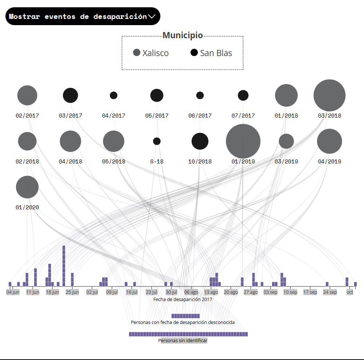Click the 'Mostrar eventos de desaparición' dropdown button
click(x=83, y=16)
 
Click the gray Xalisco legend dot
click(x=137, y=52)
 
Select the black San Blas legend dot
click(x=194, y=52)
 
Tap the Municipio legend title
click(x=183, y=36)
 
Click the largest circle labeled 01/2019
click(x=243, y=141)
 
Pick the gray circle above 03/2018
click(x=329, y=95)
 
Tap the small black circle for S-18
click(x=157, y=141)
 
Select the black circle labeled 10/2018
click(x=200, y=141)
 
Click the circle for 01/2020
click(x=27, y=187)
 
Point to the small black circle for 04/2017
click(x=114, y=95)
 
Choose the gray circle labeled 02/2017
click(x=27, y=95)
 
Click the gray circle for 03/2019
click(x=286, y=141)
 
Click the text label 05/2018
click(x=113, y=162)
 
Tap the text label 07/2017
click(x=243, y=116)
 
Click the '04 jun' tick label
click(x=13, y=292)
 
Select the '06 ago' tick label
click(x=191, y=292)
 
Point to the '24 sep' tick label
click(x=330, y=292)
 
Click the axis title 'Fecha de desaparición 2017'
click(x=183, y=299)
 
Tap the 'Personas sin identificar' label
click(x=183, y=341)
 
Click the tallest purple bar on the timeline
click(x=64, y=266)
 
